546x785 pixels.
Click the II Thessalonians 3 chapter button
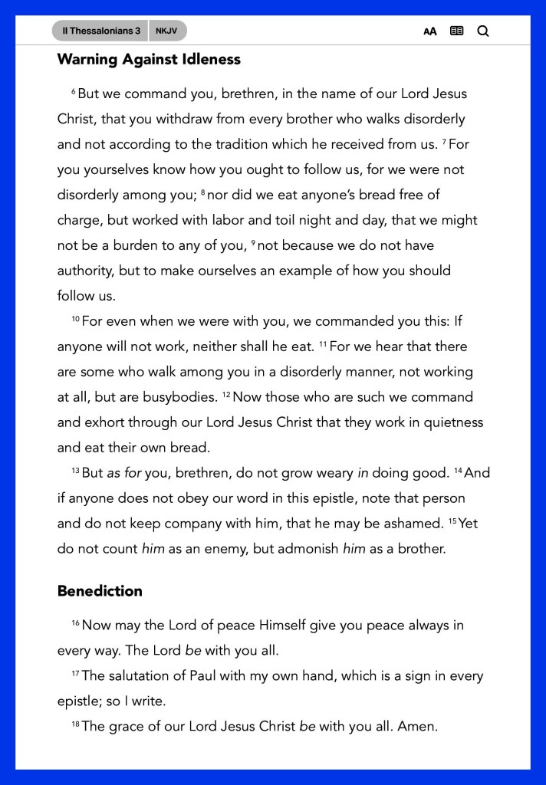point(100,31)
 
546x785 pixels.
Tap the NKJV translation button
point(166,31)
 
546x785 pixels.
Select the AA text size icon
point(430,31)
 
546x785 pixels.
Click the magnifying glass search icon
point(482,31)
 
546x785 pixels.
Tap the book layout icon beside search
point(456,31)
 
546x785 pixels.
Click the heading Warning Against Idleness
point(149,59)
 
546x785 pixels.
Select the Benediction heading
point(100,591)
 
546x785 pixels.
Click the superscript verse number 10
point(75,320)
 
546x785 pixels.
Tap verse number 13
point(75,471)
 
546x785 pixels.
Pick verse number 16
point(75,623)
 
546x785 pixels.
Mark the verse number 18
point(75,724)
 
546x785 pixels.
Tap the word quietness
point(454,422)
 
